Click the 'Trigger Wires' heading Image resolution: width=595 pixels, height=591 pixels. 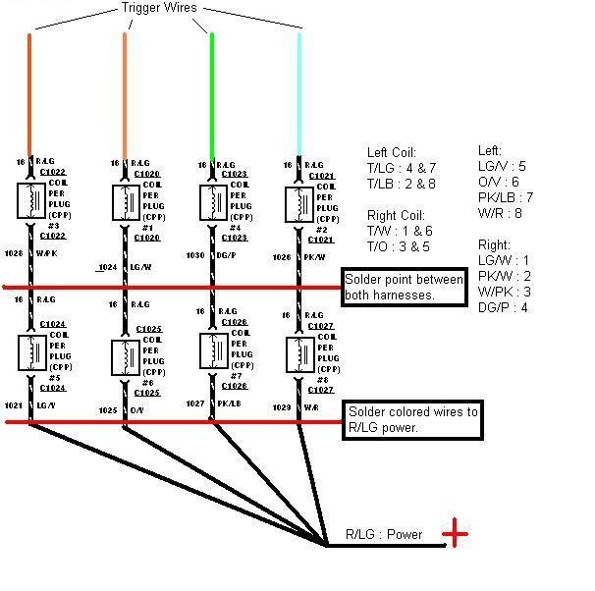pyautogui.click(x=158, y=8)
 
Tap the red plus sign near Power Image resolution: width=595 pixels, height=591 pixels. pyautogui.click(x=455, y=534)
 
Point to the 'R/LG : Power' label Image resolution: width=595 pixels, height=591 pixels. pyautogui.click(x=383, y=535)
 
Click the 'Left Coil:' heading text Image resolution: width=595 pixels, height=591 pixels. pyautogui.click(x=392, y=153)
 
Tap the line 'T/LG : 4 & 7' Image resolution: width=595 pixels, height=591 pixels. pyautogui.click(x=402, y=168)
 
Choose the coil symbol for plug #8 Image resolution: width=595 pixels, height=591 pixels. pyautogui.click(x=298, y=354)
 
